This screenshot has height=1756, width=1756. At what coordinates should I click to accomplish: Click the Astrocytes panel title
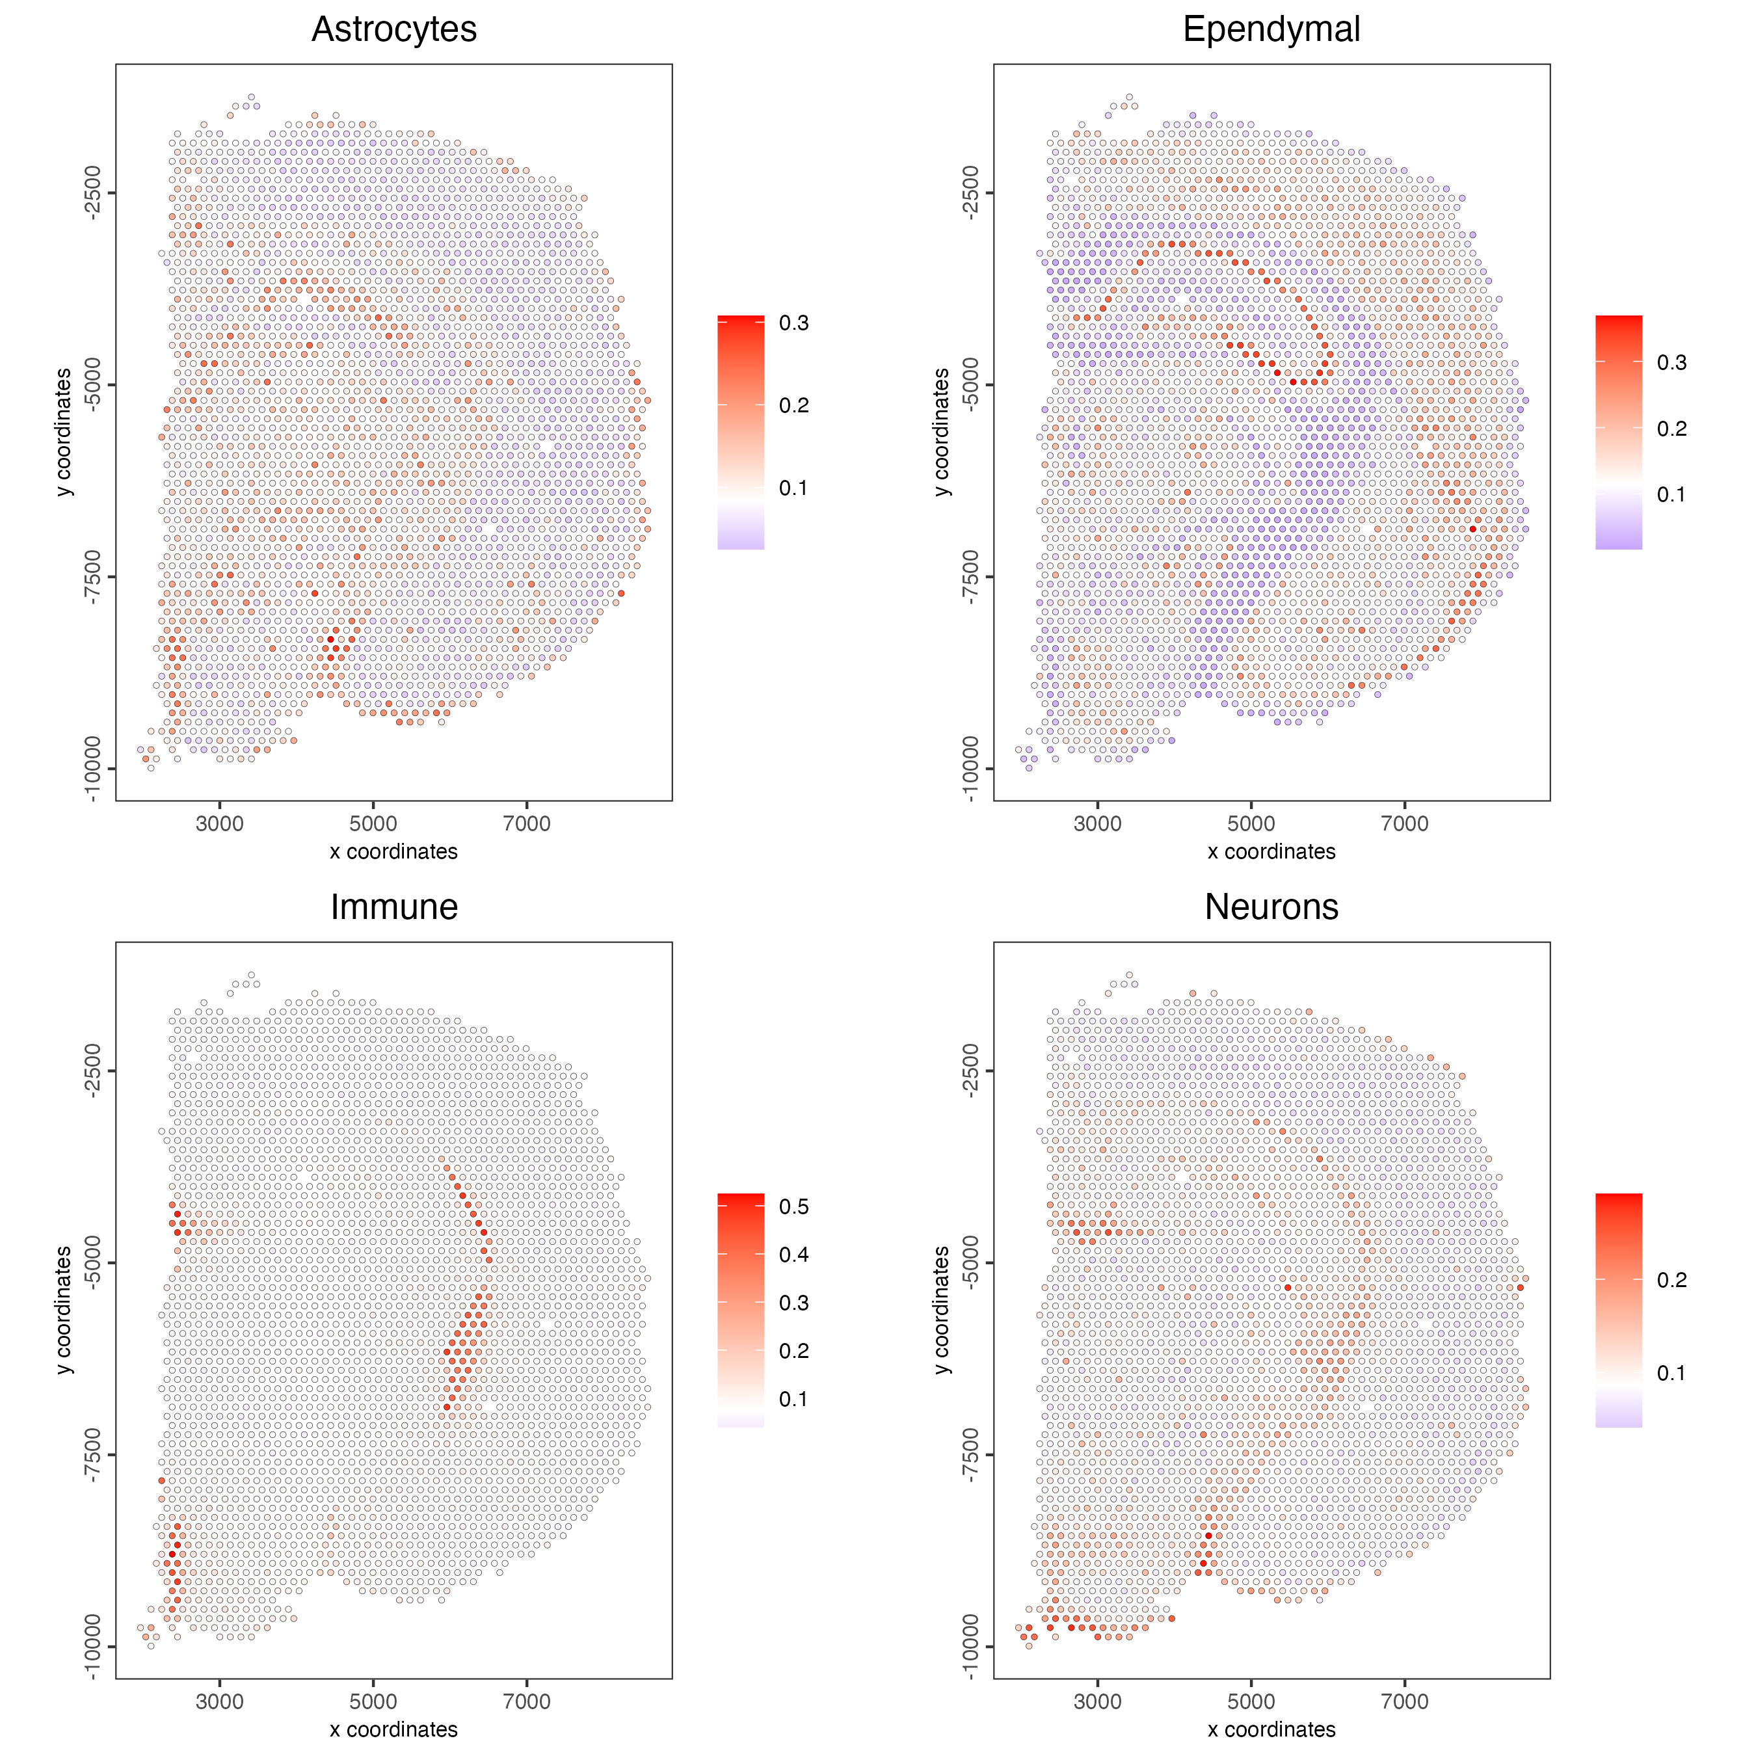393,29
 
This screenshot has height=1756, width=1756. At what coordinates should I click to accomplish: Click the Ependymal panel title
1271,29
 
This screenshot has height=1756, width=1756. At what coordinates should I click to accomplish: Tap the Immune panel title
393,907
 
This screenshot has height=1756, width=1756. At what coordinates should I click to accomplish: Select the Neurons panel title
1271,907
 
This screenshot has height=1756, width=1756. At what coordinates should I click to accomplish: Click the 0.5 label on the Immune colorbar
793,1207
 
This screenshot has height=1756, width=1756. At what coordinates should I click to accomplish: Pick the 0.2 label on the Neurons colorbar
1671,1280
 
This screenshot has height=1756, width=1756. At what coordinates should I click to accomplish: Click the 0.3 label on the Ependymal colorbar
1671,363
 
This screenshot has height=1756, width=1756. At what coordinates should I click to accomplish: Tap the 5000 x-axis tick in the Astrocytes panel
373,823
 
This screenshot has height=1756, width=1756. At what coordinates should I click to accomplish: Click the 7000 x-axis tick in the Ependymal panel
1404,823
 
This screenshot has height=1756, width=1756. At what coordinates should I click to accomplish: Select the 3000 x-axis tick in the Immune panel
219,1701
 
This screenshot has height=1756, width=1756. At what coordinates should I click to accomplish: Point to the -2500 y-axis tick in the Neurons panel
970,1071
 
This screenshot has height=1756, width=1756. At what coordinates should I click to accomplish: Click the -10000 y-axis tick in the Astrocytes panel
92,769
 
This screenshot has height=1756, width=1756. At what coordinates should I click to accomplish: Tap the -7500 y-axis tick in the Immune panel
92,1455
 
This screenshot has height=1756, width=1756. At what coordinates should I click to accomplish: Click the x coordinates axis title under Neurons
1271,1729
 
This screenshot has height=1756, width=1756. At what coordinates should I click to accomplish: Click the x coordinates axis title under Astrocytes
393,851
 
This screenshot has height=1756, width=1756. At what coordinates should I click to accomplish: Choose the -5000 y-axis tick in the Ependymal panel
970,384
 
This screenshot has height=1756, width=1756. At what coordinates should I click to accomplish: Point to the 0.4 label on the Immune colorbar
793,1255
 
